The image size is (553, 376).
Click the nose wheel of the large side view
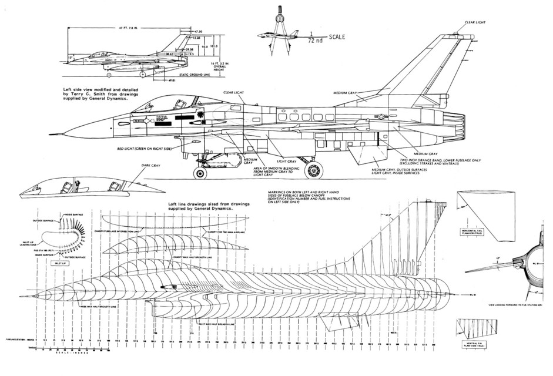coord(201,173)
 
